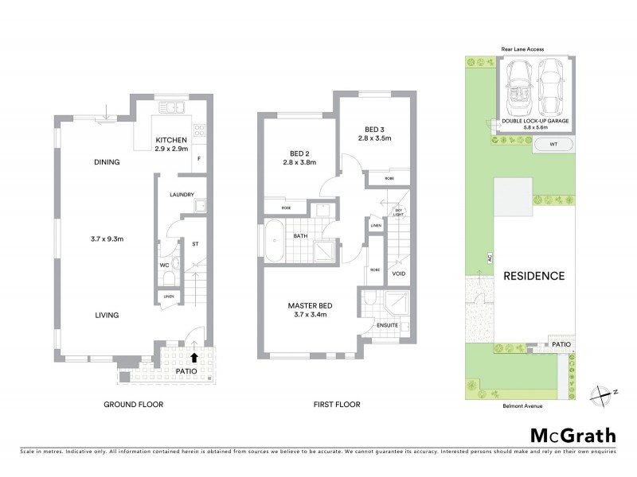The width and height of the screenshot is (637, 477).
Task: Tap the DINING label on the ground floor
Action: (x=107, y=162)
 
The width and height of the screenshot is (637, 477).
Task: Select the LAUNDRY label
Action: (x=182, y=194)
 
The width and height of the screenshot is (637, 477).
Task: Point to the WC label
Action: (x=165, y=263)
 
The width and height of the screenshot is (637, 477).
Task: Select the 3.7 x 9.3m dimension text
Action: (x=107, y=237)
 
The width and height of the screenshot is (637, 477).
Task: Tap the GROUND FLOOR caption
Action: (x=133, y=405)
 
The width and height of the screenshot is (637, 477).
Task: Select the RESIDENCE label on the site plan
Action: (x=533, y=277)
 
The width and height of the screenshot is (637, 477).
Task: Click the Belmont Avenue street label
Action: (x=522, y=405)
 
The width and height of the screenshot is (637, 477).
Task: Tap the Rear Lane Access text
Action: (x=522, y=49)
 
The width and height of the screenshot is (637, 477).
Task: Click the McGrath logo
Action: (x=572, y=435)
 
